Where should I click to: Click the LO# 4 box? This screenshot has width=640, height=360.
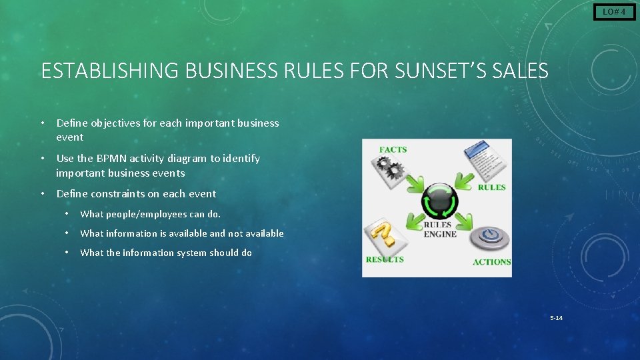(x=614, y=12)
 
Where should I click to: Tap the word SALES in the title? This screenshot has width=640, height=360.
(x=523, y=71)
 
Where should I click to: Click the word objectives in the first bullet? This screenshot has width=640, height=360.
(x=113, y=123)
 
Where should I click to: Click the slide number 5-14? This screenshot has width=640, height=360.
(x=556, y=317)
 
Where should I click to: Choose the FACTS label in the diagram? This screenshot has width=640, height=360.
(x=393, y=149)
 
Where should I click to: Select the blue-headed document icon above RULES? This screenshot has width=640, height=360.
(x=485, y=161)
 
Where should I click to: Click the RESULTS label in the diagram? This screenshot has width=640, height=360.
(x=385, y=259)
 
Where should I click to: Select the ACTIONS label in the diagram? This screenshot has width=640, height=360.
(x=491, y=262)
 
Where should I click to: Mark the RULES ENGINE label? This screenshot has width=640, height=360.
(x=440, y=230)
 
